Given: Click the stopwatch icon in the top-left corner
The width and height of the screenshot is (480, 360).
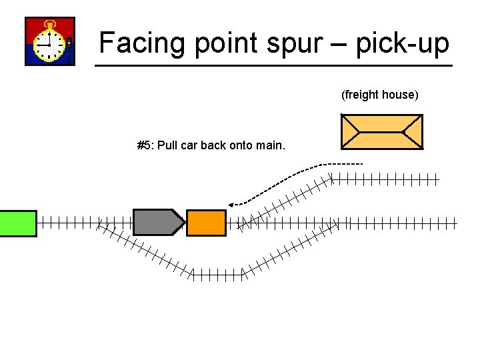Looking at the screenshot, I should (x=49, y=41).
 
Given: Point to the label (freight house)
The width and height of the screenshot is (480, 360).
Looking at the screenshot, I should (x=379, y=95).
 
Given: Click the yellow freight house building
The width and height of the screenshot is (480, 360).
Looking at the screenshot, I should (x=381, y=131).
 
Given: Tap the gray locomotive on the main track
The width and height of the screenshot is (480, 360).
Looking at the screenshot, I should (x=157, y=223).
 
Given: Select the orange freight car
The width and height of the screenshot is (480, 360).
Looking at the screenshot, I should (x=206, y=223).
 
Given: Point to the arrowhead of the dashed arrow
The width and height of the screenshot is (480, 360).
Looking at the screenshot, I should (x=231, y=204).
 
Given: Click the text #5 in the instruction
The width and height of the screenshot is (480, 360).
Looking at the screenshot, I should (x=143, y=145).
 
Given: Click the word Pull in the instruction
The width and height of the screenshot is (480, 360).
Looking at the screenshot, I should (x=166, y=145).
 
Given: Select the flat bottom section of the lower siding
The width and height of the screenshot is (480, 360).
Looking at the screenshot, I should (x=217, y=273).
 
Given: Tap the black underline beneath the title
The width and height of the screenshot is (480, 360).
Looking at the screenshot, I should (x=273, y=65).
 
